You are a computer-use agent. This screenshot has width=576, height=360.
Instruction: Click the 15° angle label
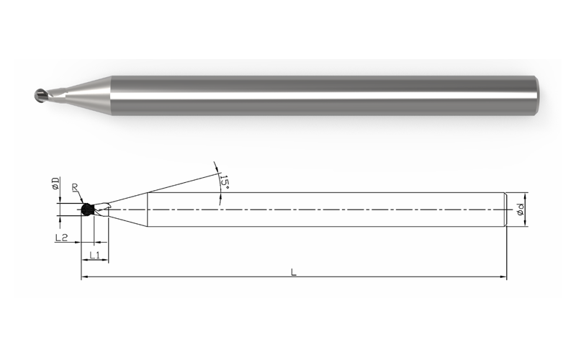(224, 181)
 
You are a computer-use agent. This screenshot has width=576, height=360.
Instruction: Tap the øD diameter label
(55, 184)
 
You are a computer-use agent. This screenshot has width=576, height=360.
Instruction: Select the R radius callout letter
(75, 187)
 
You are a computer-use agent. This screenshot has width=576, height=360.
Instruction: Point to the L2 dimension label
(61, 238)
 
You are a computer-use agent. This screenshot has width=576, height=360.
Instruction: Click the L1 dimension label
(95, 255)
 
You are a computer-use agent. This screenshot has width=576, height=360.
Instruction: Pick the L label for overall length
(294, 272)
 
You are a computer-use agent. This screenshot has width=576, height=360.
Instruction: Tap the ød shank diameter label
(520, 210)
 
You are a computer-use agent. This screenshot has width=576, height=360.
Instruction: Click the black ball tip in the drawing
(86, 210)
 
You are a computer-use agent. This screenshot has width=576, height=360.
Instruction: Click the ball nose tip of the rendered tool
(39, 95)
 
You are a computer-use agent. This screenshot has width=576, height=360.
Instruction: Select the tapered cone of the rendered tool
(89, 95)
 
